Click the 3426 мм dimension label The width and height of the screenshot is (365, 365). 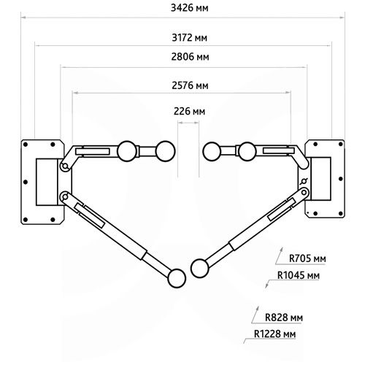[189, 8]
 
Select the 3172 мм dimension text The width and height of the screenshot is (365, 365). [189, 38]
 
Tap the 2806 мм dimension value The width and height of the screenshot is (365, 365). [190, 57]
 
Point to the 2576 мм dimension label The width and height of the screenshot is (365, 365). [190, 85]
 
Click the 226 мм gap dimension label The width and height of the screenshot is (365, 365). [189, 112]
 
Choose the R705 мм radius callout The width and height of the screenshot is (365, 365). [307, 258]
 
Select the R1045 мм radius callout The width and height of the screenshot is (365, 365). [299, 275]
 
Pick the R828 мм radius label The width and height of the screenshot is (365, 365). [284, 318]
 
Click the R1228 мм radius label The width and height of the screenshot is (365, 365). [274, 334]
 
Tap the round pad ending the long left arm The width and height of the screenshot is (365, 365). [177, 278]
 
